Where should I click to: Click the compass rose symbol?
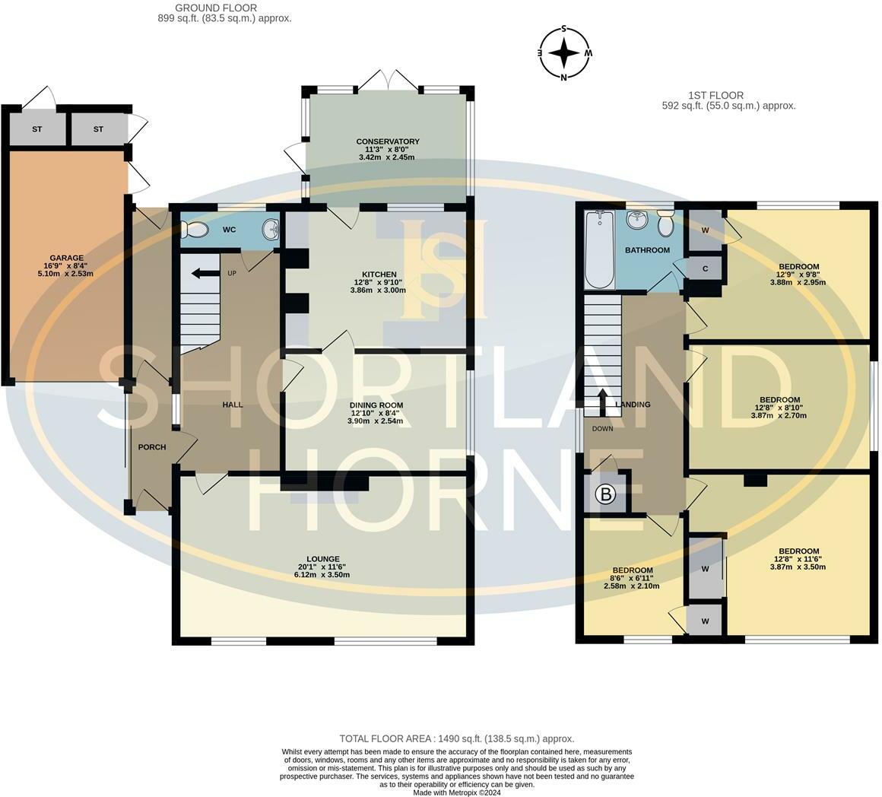564,53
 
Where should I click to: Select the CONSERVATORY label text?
388,141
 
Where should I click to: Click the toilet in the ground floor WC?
196,229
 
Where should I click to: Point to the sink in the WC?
270,229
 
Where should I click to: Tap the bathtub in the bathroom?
599,250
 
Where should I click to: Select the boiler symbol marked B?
606,495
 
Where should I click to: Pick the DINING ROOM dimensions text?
376,418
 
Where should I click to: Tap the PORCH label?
152,447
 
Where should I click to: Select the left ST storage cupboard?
36,129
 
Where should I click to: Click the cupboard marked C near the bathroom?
706,268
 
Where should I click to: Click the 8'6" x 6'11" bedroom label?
633,570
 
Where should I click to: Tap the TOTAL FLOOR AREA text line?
456,738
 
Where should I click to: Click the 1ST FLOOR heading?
705,95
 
